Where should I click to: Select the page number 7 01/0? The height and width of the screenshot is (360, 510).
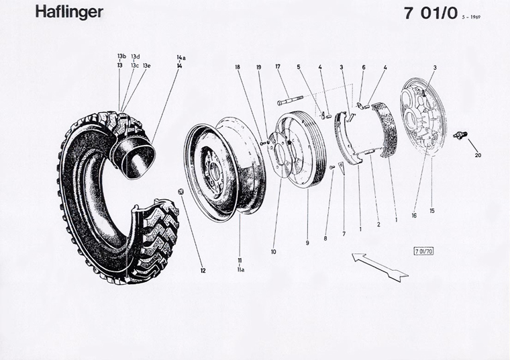[430, 14]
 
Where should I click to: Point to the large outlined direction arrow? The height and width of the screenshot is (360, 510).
[380, 267]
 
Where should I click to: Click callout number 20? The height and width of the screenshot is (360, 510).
[478, 156]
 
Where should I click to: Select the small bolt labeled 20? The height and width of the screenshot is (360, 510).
[460, 136]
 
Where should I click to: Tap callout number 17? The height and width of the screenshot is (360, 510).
[277, 66]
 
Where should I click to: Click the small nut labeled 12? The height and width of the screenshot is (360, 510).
[180, 192]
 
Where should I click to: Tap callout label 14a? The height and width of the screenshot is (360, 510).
[181, 58]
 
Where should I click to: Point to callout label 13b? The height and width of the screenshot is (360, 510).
[121, 56]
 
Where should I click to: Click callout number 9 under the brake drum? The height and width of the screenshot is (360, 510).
[307, 242]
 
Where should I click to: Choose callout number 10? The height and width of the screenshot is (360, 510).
[273, 252]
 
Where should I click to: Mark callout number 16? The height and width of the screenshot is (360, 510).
[414, 216]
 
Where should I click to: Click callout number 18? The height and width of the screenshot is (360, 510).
[238, 66]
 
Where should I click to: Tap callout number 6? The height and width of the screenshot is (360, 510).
[363, 67]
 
